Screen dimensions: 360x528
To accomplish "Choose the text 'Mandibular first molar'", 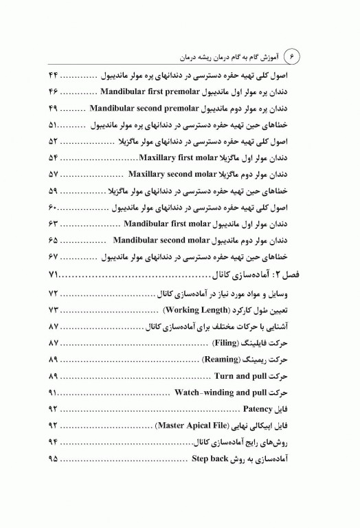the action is (170, 223).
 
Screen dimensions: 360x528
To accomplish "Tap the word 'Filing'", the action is (219, 343).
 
